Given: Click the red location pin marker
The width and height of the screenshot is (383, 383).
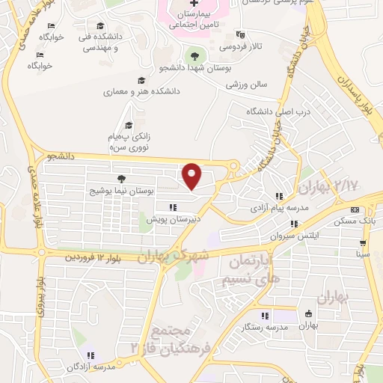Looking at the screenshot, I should (x=192, y=177).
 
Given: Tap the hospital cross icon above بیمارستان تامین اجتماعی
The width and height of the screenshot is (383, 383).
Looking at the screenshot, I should (x=194, y=4).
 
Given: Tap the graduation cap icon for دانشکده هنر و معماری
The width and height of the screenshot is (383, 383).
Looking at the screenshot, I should (x=140, y=81).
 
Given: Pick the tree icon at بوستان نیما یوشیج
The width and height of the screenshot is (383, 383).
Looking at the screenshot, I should (x=121, y=179).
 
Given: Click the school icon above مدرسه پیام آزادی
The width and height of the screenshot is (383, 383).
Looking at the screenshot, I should (x=279, y=196).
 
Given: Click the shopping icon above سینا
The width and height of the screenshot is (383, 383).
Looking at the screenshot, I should (x=363, y=243).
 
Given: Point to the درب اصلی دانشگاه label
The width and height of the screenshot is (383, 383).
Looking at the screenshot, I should (x=273, y=111).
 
